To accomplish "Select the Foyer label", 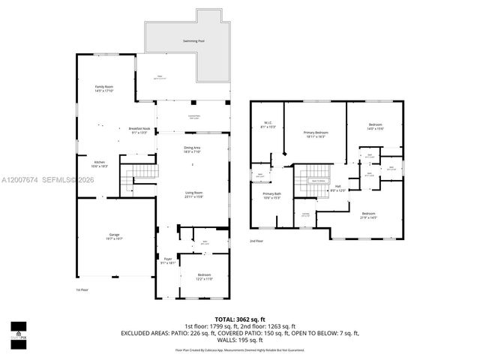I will coord(167,260).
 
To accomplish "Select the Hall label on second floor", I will coord(337,188).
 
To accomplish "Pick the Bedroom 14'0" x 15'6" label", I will coord(375,126).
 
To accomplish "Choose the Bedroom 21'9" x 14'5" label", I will coord(368,215).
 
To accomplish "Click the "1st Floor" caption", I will coord(82,289).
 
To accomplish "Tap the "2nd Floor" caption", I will coord(256,241).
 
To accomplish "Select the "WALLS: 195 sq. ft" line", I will coord(241,341).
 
